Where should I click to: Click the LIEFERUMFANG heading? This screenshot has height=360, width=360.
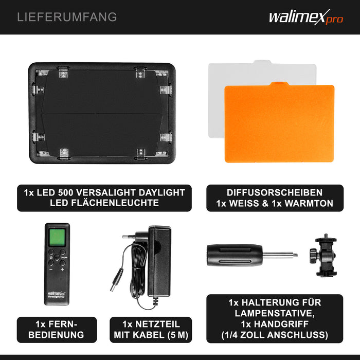click(x=67, y=17)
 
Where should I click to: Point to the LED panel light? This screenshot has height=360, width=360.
click(x=101, y=113)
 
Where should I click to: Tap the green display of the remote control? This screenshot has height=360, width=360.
click(x=57, y=238)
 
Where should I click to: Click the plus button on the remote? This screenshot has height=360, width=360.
click(x=62, y=269)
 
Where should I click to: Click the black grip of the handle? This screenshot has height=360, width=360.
click(x=234, y=255)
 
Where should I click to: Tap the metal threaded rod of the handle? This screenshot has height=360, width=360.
click(x=280, y=254)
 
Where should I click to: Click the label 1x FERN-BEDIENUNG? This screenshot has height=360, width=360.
click(x=57, y=329)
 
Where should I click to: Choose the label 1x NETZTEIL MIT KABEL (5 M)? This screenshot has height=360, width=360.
click(x=151, y=329)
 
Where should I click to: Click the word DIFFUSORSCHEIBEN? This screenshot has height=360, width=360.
click(x=274, y=192)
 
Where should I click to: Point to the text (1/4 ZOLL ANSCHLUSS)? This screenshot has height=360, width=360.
click(x=274, y=335)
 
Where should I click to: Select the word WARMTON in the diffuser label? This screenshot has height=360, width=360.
click(x=309, y=203)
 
